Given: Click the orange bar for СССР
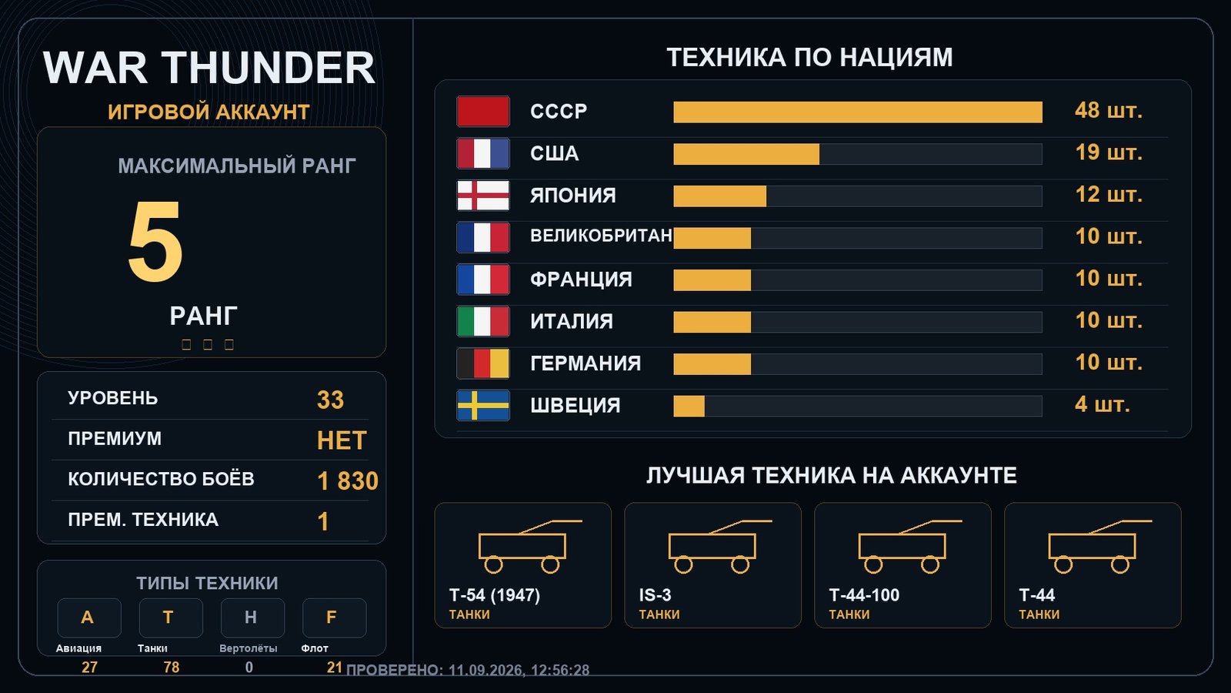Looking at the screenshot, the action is [x=858, y=112].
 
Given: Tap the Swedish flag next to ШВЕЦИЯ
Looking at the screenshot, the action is [x=483, y=405].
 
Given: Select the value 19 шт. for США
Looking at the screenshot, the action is [x=1109, y=153].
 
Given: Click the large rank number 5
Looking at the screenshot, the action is [x=155, y=241].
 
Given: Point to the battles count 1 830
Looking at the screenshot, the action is [x=348, y=480].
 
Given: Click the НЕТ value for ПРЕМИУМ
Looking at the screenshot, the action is [x=342, y=440].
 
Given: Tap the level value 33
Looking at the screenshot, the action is [x=330, y=400].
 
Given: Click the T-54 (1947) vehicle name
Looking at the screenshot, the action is [x=495, y=595].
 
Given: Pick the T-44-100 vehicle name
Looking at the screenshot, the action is [x=864, y=595].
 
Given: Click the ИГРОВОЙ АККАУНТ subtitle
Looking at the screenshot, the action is [x=209, y=112].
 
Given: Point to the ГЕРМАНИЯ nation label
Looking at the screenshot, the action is [x=585, y=363].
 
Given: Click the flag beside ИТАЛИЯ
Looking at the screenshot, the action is [x=483, y=321].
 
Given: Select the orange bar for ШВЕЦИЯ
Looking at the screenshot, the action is [x=689, y=407].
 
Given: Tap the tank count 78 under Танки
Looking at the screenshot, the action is [x=172, y=667].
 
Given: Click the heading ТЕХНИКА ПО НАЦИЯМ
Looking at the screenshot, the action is [x=809, y=57].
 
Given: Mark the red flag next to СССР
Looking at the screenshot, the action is [x=483, y=111].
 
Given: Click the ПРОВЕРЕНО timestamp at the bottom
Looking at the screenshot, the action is [x=468, y=670].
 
